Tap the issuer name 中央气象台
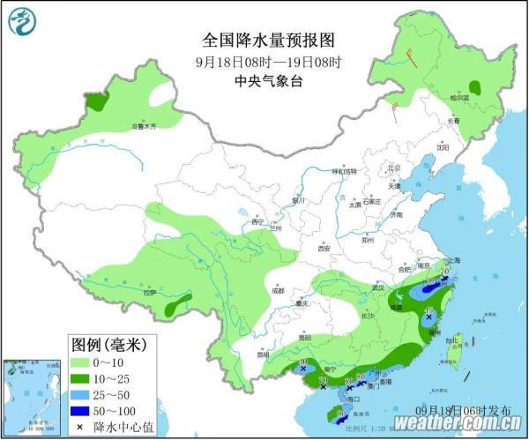pyautogui.click(x=268, y=81)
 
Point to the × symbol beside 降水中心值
pyautogui.click(x=79, y=427)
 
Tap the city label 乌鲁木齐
pyautogui.click(x=143, y=127)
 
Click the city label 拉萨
pyautogui.click(x=149, y=292)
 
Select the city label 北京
pyautogui.click(x=395, y=167)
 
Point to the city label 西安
pyautogui.click(x=324, y=249)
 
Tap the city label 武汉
pyautogui.click(x=380, y=287)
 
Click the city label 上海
pyautogui.click(x=455, y=262)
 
